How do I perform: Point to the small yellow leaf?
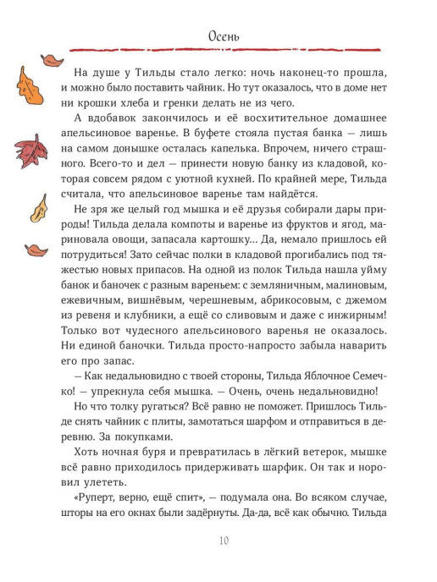point(38,207)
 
